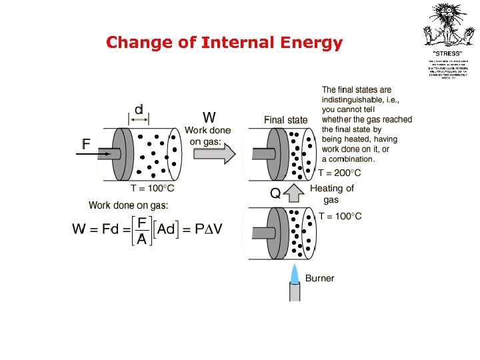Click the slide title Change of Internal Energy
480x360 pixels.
pos(224,43)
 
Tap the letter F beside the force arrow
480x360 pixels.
pos(86,144)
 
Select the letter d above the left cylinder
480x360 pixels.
pos(139,109)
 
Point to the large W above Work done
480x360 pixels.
pos(209,115)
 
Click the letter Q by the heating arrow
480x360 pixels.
pos(275,194)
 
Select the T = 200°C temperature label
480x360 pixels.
pos(339,173)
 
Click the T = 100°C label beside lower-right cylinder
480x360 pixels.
pos(340,216)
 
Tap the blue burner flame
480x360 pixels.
pos(295,273)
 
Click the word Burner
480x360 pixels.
pos(320,279)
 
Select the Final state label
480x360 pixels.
pos(286,120)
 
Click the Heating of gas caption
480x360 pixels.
pos(331,194)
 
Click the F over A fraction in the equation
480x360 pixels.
pos(142,229)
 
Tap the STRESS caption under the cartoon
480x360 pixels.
pos(448,53)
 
